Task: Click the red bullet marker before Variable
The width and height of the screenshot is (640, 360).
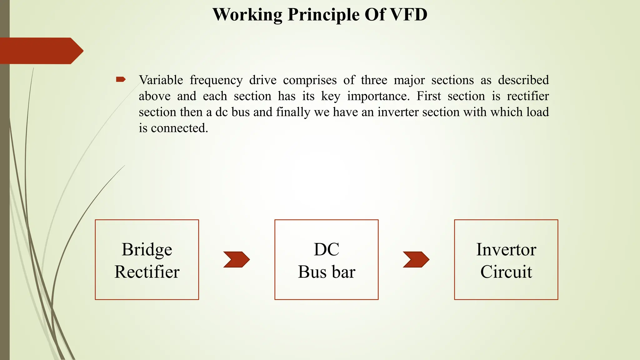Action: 121,80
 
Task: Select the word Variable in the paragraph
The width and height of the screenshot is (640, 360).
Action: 161,80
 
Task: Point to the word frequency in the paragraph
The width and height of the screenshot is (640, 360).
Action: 216,80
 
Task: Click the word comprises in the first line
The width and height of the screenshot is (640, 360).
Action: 310,80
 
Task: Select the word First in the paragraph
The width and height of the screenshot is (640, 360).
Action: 429,96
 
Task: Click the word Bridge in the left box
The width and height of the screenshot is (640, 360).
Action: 147,250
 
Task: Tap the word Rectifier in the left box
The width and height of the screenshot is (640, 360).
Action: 147,272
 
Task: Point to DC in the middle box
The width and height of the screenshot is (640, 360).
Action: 326,249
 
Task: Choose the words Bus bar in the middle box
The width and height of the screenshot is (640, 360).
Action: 326,272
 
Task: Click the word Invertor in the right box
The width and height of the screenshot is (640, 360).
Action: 506,249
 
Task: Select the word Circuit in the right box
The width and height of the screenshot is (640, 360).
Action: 506,272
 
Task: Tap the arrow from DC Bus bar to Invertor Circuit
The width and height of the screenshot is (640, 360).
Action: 416,259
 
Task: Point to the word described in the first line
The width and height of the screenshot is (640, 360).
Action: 523,80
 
